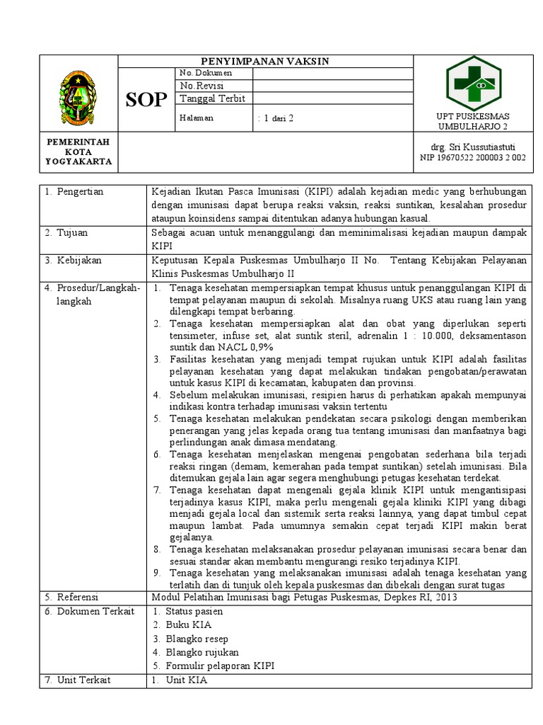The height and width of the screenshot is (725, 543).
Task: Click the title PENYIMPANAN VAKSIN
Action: (266, 62)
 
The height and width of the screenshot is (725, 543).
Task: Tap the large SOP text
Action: (146, 101)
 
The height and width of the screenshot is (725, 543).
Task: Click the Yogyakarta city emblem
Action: (79, 98)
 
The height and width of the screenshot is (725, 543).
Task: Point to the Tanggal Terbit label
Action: (212, 98)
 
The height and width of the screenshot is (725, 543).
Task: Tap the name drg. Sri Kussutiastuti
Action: (473, 147)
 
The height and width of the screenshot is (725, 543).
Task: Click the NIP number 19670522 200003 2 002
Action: (473, 158)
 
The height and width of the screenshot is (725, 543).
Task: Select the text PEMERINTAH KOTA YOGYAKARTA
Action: (78, 152)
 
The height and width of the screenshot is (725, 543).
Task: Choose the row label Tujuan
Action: (72, 232)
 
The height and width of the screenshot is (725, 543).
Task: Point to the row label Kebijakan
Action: (78, 260)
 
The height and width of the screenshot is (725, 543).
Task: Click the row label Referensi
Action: (78, 597)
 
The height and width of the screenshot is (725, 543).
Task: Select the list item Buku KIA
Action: (188, 624)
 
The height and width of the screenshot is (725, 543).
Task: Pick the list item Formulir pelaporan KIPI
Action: (219, 666)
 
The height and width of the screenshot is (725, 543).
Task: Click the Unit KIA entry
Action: (187, 680)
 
